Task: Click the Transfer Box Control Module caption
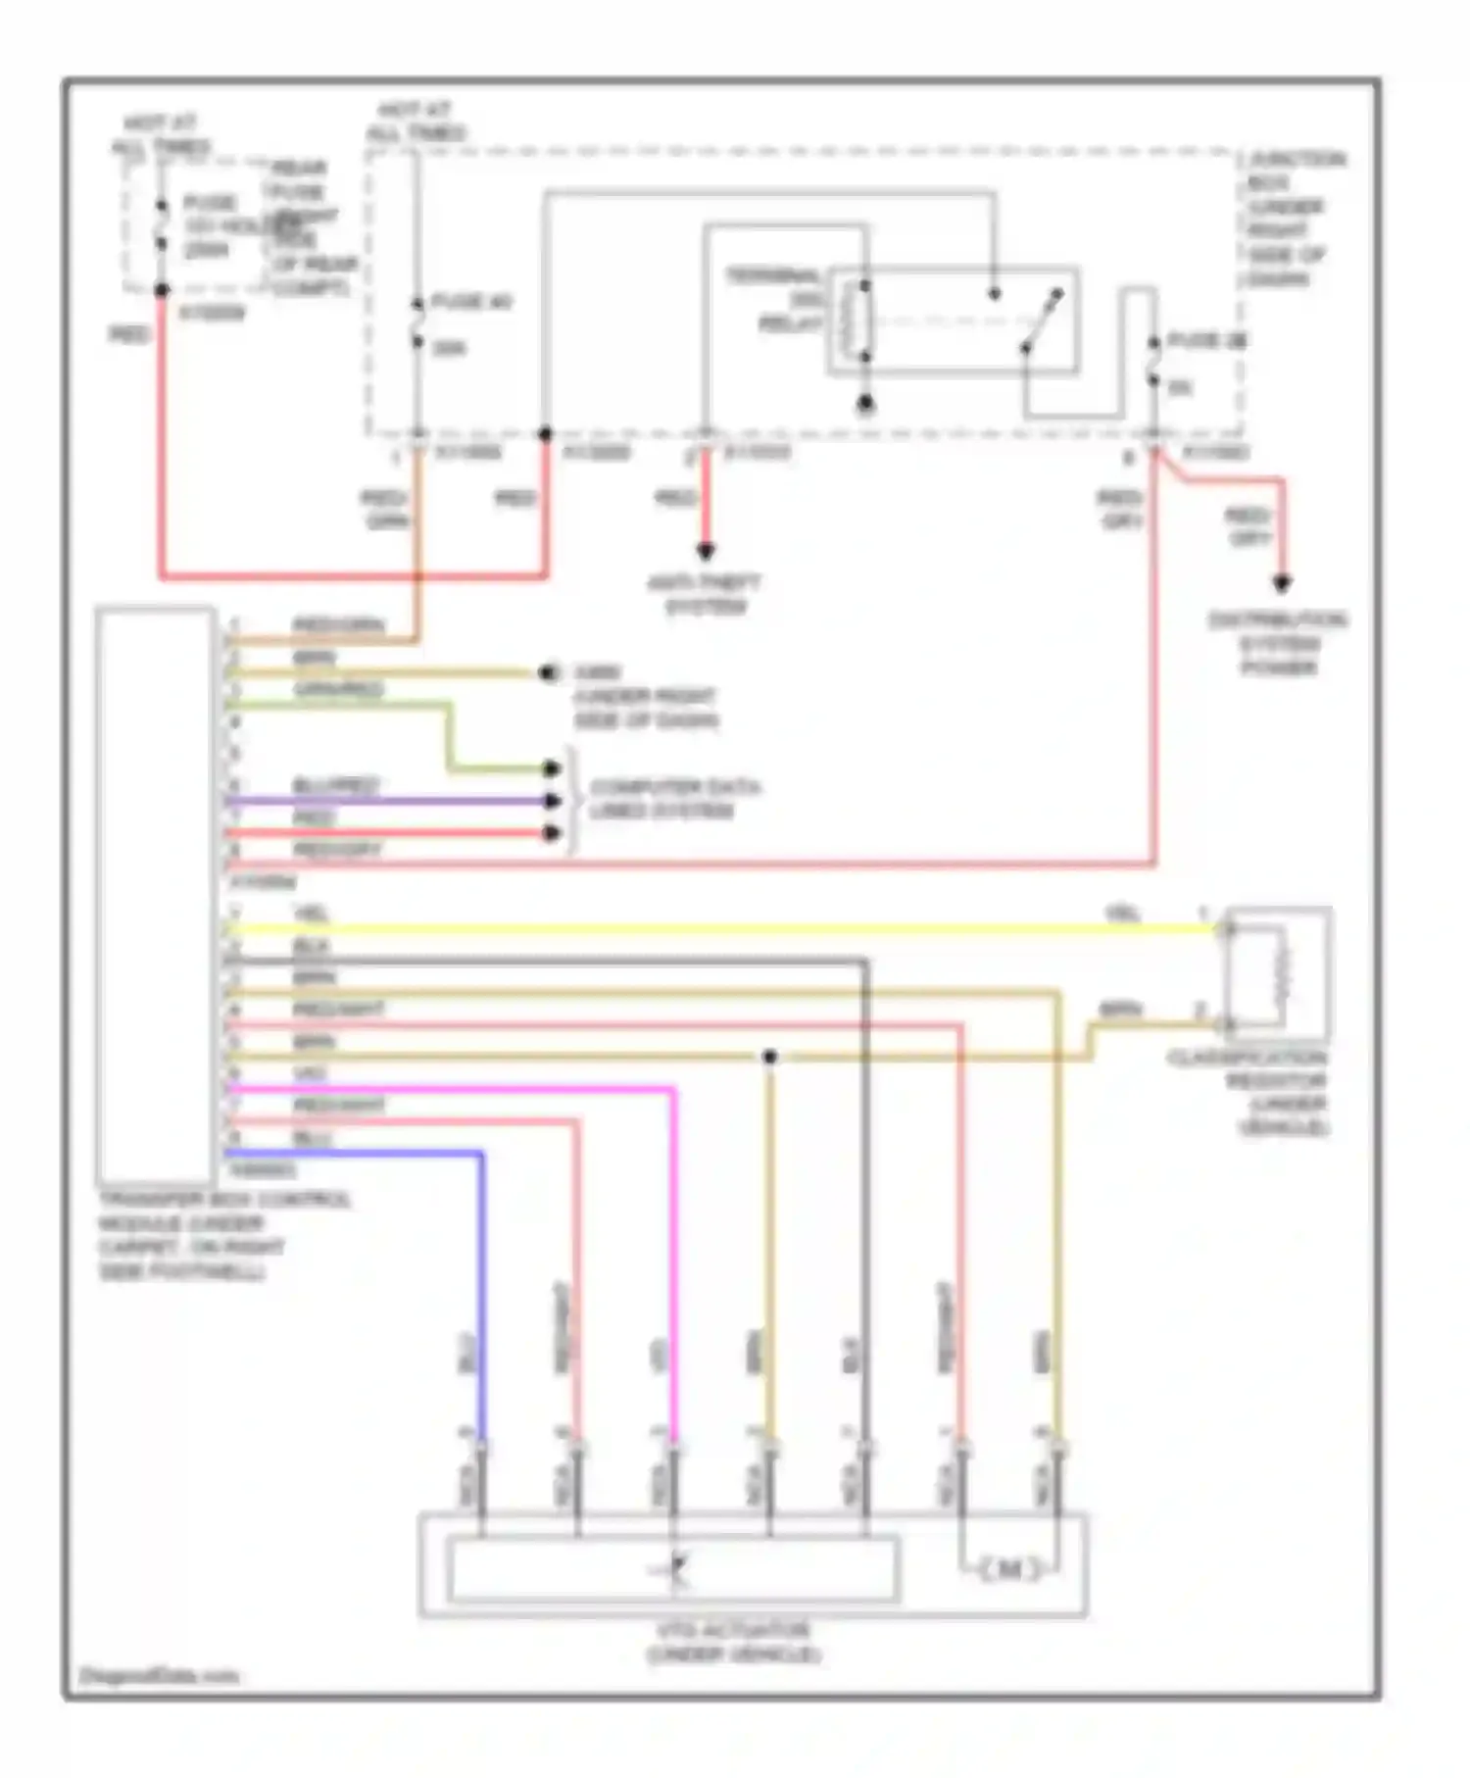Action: coord(223,1235)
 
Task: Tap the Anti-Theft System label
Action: coord(705,595)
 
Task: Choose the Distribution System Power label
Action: coord(1278,643)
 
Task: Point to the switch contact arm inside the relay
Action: coord(1042,320)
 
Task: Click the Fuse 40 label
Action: coord(471,302)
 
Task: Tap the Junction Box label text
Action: coord(1294,219)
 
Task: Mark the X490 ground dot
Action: coord(548,673)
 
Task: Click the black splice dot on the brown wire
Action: coord(770,1057)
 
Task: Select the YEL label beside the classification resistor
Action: coord(1123,914)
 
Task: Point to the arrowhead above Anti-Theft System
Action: coord(705,552)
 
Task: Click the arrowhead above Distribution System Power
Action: coord(1281,584)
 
